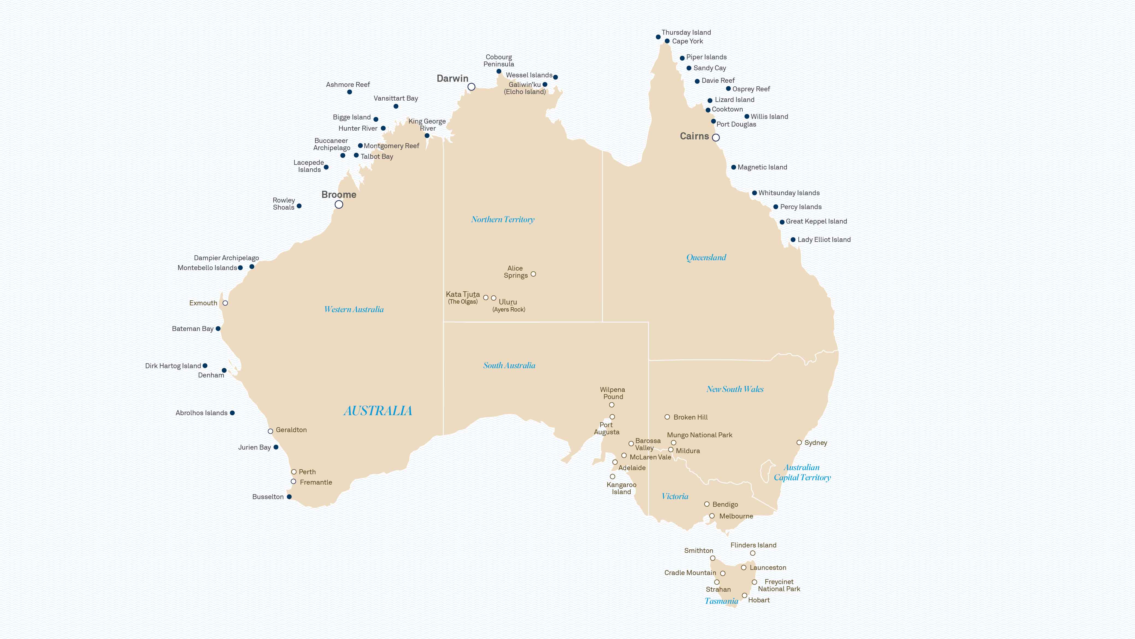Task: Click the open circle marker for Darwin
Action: pyautogui.click(x=471, y=87)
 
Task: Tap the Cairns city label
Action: pyautogui.click(x=694, y=136)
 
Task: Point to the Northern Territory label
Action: pyautogui.click(x=503, y=219)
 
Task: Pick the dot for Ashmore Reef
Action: pyautogui.click(x=349, y=92)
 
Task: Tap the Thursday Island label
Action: pyautogui.click(x=686, y=33)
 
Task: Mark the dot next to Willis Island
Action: pyautogui.click(x=747, y=117)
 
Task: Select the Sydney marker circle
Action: pyautogui.click(x=799, y=442)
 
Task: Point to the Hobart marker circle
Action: pyautogui.click(x=745, y=595)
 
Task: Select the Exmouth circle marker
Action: pyautogui.click(x=225, y=303)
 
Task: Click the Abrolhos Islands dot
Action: pyautogui.click(x=232, y=413)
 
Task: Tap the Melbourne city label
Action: pyautogui.click(x=736, y=516)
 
